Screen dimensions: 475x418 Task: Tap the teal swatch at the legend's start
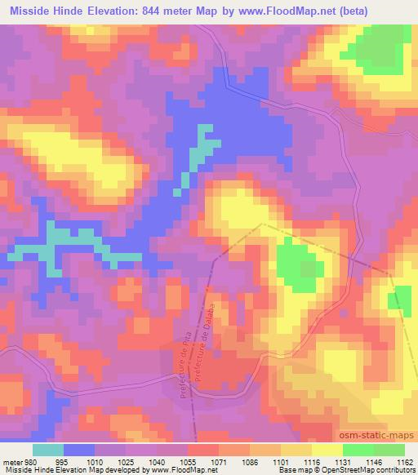pyautogui.click(x=47, y=449)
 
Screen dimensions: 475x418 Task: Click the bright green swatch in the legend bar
pyautogui.click(x=358, y=449)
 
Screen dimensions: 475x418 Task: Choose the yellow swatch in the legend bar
pyautogui.click(x=327, y=449)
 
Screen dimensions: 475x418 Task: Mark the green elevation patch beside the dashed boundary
pyautogui.click(x=297, y=266)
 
